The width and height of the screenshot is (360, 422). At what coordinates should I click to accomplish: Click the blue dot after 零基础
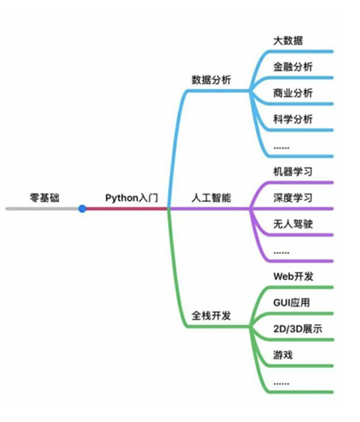82,209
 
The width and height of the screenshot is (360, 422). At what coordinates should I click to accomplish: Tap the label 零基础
45,198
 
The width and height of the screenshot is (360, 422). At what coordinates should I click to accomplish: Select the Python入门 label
131,198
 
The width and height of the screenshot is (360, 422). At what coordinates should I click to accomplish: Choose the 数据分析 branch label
211,80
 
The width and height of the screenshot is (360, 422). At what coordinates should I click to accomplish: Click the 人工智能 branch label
211,198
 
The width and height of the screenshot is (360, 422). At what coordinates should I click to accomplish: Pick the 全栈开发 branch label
211,315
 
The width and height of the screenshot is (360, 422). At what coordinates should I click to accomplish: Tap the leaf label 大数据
288,40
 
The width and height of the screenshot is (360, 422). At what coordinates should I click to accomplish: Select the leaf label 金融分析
293,67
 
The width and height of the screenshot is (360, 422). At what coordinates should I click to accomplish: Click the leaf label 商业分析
293,93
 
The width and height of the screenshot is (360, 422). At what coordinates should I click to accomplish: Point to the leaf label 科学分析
293,119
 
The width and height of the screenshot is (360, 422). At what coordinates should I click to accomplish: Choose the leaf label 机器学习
293,171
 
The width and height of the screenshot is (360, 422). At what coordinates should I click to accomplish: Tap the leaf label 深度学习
293,198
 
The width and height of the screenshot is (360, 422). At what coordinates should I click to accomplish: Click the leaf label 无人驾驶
293,224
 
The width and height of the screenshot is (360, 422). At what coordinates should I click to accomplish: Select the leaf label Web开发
293,276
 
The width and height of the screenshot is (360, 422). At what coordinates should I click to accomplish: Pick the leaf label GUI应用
292,302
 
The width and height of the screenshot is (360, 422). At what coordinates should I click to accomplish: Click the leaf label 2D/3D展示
298,329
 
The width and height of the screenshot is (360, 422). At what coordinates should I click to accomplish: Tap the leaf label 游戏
283,355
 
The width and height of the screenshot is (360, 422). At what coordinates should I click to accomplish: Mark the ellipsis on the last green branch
281,383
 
